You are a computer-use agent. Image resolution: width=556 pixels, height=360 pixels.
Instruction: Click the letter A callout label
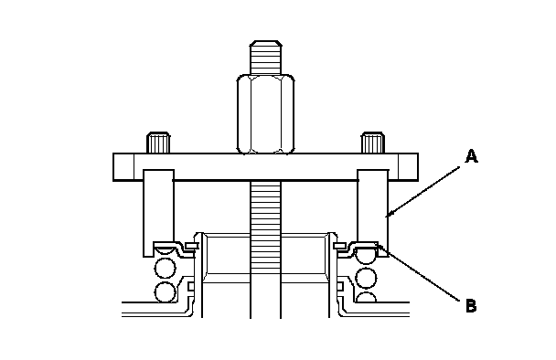click(x=471, y=156)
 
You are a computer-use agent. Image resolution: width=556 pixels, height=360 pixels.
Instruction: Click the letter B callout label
click(x=471, y=306)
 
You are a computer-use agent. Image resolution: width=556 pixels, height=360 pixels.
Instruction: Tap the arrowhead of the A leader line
click(x=389, y=214)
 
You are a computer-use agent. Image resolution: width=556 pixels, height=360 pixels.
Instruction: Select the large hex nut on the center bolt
click(x=265, y=114)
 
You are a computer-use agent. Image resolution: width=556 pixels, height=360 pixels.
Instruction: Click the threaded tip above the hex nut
click(x=266, y=58)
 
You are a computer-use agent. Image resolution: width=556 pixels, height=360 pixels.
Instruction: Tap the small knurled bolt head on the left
click(x=158, y=143)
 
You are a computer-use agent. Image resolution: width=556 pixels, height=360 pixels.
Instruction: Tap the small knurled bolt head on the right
click(x=373, y=143)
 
